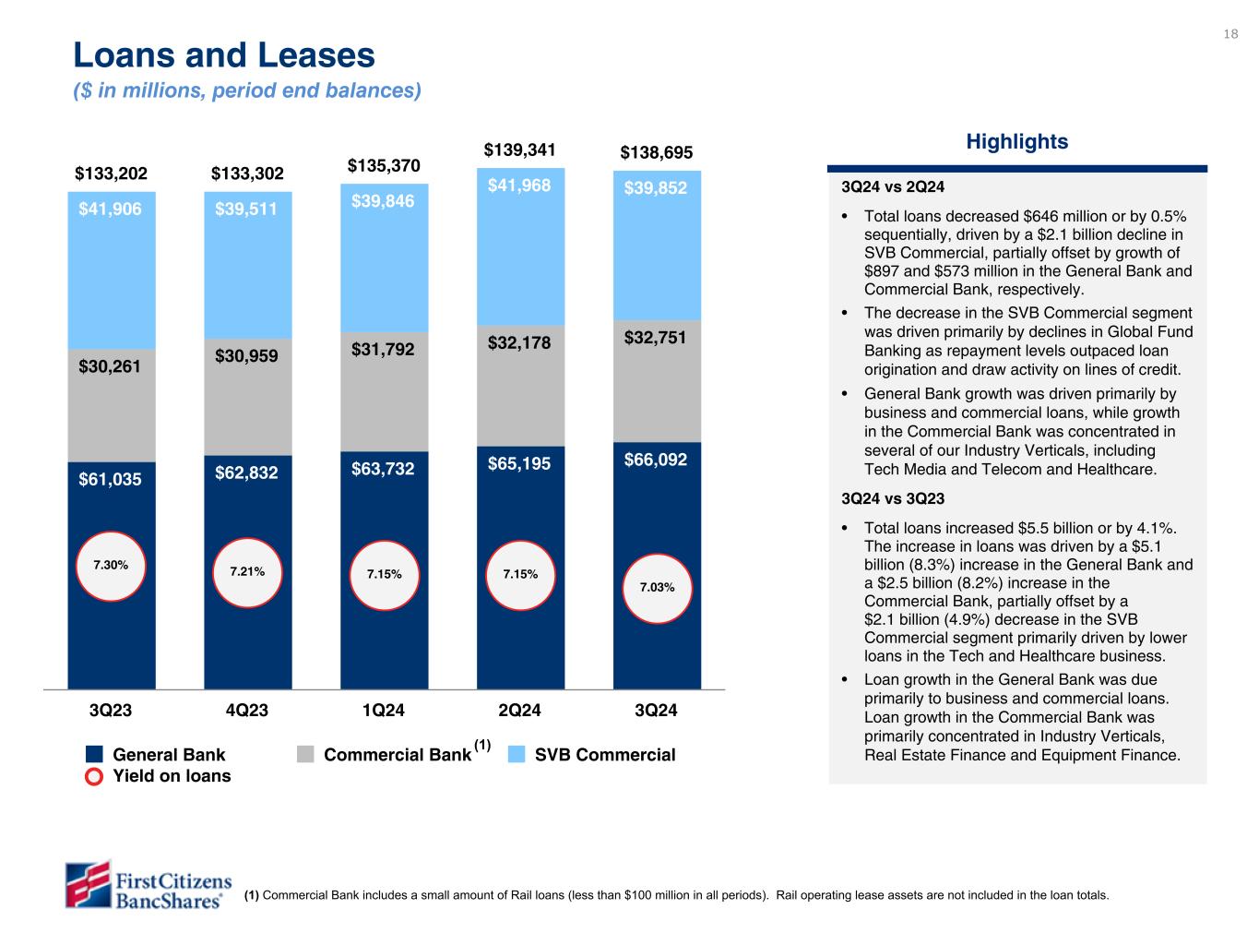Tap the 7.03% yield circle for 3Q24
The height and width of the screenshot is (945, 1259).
[x=657, y=587]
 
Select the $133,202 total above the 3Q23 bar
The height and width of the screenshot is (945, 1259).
[x=111, y=173]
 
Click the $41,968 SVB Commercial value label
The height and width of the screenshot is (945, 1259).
[x=519, y=185]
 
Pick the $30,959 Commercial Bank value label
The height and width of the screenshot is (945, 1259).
[x=246, y=354]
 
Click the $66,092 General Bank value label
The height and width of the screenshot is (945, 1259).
[x=656, y=459]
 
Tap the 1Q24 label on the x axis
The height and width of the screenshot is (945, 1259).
[x=383, y=711]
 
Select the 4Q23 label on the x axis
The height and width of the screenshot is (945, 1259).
[x=246, y=711]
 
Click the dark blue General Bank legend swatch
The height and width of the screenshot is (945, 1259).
[x=94, y=755]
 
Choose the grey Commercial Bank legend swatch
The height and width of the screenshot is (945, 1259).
[x=306, y=755]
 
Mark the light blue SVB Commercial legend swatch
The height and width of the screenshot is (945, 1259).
[x=517, y=755]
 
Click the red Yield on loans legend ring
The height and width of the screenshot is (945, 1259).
[x=94, y=776]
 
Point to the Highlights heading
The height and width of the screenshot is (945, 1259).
[x=1016, y=142]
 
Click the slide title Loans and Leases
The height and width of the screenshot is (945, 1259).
[x=224, y=56]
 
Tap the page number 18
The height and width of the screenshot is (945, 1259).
[x=1230, y=35]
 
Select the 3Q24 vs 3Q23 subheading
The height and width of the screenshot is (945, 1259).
[x=893, y=499]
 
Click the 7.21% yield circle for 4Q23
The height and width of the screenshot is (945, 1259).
[x=247, y=572]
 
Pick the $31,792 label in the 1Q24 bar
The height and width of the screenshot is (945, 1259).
[x=383, y=349]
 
